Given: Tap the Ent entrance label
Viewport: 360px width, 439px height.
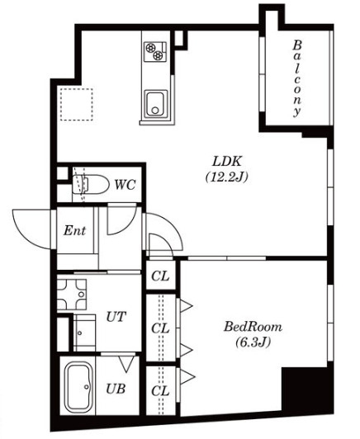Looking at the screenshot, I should [x=75, y=230].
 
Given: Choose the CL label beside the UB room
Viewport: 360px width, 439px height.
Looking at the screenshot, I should [x=160, y=389].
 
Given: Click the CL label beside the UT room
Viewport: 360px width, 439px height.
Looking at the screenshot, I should [x=160, y=328].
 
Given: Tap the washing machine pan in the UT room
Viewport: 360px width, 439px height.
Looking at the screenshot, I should [x=75, y=291].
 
